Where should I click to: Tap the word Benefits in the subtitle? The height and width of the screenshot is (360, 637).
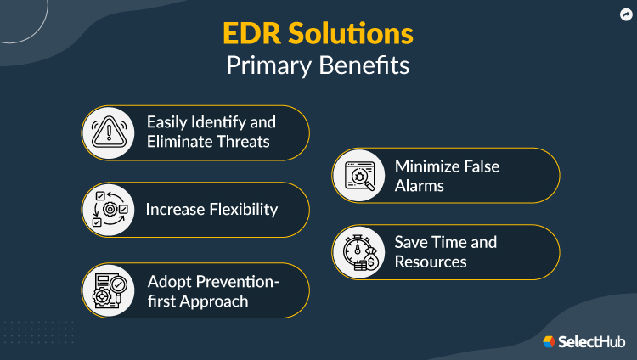[367, 66]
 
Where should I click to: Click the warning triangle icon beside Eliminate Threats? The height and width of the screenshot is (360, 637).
[110, 132]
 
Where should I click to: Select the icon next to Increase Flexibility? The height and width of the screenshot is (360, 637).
[110, 210]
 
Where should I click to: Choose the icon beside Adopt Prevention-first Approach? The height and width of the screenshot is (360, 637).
[110, 290]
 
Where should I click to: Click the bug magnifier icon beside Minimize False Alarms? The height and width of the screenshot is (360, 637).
[358, 176]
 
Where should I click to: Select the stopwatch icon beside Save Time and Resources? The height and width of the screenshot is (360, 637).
[358, 252]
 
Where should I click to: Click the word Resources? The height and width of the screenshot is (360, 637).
[430, 262]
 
